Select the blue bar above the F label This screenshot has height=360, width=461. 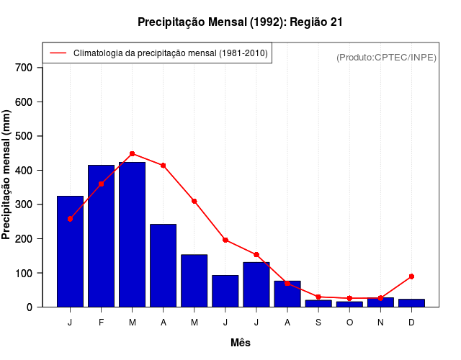pyautogui.click(x=101, y=235)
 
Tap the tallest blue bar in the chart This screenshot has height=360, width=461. pyautogui.click(x=132, y=234)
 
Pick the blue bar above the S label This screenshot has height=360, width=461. pyautogui.click(x=318, y=303)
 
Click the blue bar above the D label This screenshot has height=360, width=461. pyautogui.click(x=411, y=303)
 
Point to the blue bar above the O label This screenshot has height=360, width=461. pyautogui.click(x=349, y=304)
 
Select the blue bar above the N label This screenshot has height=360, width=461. pyautogui.click(x=380, y=302)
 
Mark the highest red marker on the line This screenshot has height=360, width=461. pyautogui.click(x=132, y=153)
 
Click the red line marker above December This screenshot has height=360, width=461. pyautogui.click(x=411, y=276)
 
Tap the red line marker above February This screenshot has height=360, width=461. pyautogui.click(x=101, y=184)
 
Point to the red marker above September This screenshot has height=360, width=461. pyautogui.click(x=318, y=297)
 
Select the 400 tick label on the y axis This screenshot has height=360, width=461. pyautogui.click(x=24, y=171)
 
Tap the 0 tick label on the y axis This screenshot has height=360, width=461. pyautogui.click(x=29, y=307)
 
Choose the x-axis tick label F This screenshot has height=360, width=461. pyautogui.click(x=101, y=322)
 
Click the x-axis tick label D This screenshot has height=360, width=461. pyautogui.click(x=411, y=322)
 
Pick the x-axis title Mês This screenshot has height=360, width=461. pyautogui.click(x=241, y=343)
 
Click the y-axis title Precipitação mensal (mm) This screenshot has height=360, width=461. pyautogui.click(x=7, y=174)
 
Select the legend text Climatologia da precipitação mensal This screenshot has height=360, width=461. pyautogui.click(x=170, y=53)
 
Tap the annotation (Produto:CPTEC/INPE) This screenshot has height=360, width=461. pyautogui.click(x=386, y=57)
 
